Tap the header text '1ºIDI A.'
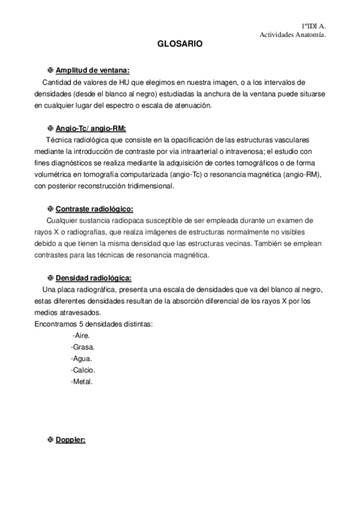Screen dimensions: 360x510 [x=313, y=27]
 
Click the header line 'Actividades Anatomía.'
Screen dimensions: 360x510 [x=292, y=35]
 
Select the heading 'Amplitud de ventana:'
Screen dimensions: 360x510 [x=93, y=70]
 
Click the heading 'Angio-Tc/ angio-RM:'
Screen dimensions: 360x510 [x=91, y=128]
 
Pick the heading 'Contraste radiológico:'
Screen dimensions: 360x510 [x=94, y=209]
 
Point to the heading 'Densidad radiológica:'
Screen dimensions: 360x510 [x=93, y=278]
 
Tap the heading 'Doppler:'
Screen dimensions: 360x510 [x=71, y=440]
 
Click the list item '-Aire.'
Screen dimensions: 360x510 [x=81, y=336]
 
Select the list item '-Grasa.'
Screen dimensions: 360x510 [x=82, y=347]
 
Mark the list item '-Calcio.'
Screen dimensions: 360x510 [x=83, y=370]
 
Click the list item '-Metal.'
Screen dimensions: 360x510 [x=82, y=381]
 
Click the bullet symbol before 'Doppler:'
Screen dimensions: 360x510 [x=50, y=440]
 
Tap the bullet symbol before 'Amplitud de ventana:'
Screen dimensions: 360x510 [x=50, y=70]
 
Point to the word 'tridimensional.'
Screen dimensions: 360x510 [x=149, y=186]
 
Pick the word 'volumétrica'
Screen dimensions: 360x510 [x=52, y=174]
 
